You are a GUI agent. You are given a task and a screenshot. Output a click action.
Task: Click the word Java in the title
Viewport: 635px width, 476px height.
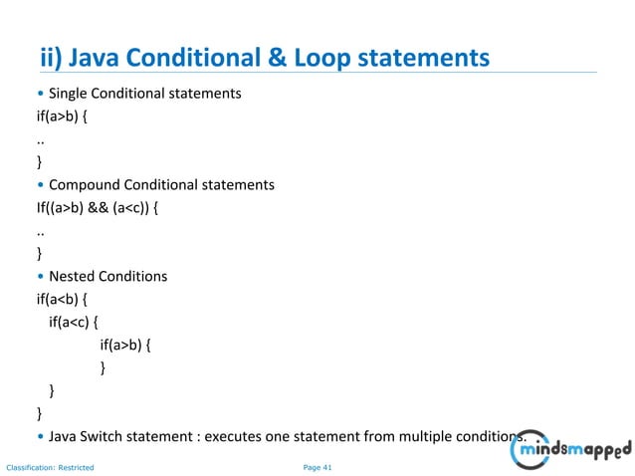pyautogui.click(x=110, y=58)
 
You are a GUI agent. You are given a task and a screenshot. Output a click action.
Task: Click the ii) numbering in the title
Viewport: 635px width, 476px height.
pyautogui.click(x=55, y=58)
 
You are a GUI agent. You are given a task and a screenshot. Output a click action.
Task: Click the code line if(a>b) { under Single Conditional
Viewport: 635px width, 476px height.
pyautogui.click(x=64, y=117)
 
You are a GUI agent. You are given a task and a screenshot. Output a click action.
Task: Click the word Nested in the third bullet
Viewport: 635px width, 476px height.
pyautogui.click(x=74, y=276)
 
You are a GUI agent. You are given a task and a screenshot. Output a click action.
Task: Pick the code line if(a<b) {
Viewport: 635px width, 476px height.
pyautogui.click(x=64, y=299)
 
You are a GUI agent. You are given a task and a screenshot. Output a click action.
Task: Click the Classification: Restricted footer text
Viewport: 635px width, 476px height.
pyautogui.click(x=50, y=466)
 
